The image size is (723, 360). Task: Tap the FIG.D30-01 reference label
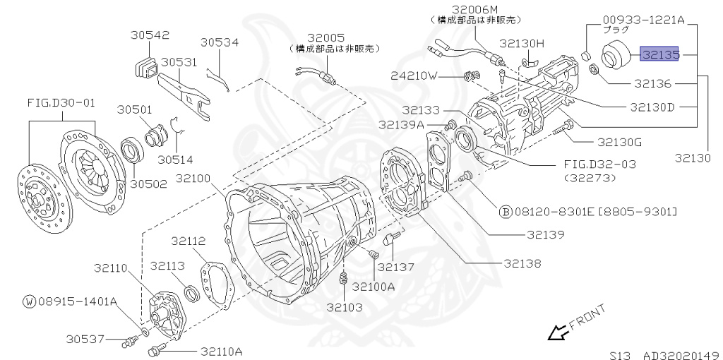tap(61, 103)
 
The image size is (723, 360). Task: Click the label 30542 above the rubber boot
tap(150, 35)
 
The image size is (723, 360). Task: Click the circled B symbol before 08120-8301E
tap(506, 211)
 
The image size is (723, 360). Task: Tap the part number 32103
tap(345, 307)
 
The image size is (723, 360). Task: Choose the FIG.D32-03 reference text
tap(599, 164)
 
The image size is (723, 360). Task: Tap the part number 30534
tap(220, 42)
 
